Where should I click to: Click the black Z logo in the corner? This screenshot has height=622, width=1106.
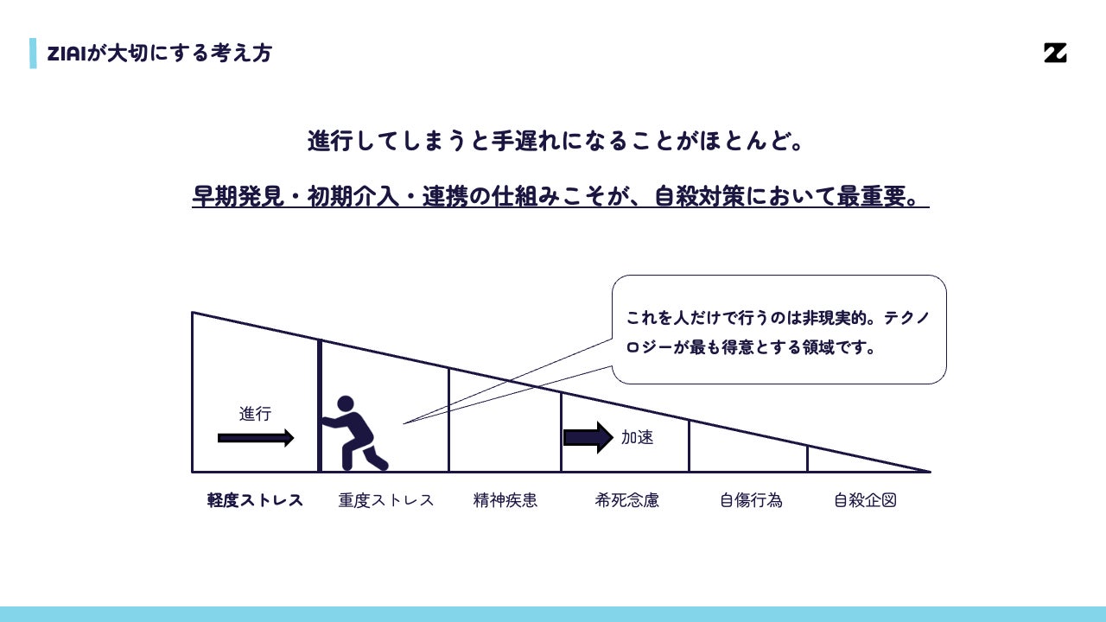pos(1054,53)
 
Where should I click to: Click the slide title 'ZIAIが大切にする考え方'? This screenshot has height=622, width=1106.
pos(159,54)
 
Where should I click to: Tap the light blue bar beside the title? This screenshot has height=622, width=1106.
pos(33,54)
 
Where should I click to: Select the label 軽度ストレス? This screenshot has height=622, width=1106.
pos(255,500)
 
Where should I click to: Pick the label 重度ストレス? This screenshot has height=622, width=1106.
pos(385,500)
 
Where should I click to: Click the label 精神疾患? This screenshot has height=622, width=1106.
pos(505,500)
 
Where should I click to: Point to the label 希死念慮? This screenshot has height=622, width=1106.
pos(626,500)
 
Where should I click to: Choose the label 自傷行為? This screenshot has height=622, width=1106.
pos(751,500)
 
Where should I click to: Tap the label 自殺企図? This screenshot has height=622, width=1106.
pos(865,500)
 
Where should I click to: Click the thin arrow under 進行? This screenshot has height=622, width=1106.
pos(255,438)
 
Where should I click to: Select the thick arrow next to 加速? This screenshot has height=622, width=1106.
pos(588,437)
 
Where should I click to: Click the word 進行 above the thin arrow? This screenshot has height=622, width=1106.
pos(255,414)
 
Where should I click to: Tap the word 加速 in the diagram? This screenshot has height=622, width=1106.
pos(637,437)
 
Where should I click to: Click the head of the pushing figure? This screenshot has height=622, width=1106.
pos(346,403)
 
